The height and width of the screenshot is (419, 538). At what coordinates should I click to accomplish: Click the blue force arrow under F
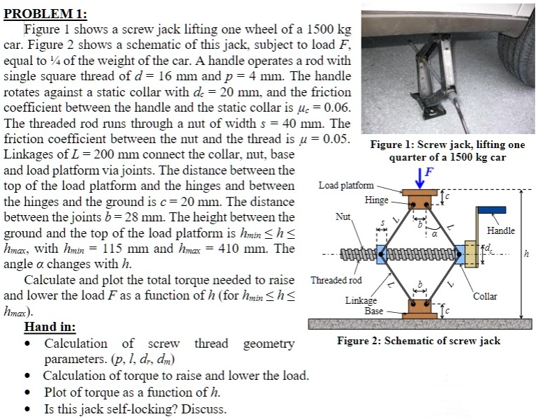(421, 178)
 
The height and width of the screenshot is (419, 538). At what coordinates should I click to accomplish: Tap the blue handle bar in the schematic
(492, 208)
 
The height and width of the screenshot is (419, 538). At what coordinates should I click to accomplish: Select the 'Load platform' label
(345, 186)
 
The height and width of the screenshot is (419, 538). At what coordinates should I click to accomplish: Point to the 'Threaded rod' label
(336, 280)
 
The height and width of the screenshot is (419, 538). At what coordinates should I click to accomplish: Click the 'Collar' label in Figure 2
(485, 296)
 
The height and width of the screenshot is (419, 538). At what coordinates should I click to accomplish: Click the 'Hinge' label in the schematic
(376, 200)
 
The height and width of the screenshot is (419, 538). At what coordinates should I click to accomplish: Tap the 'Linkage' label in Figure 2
(361, 300)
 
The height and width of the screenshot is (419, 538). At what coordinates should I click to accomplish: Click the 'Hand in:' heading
(50, 327)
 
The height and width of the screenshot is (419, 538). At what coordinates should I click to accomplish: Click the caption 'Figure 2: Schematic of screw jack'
(419, 341)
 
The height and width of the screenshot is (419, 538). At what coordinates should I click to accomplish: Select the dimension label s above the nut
(380, 221)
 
